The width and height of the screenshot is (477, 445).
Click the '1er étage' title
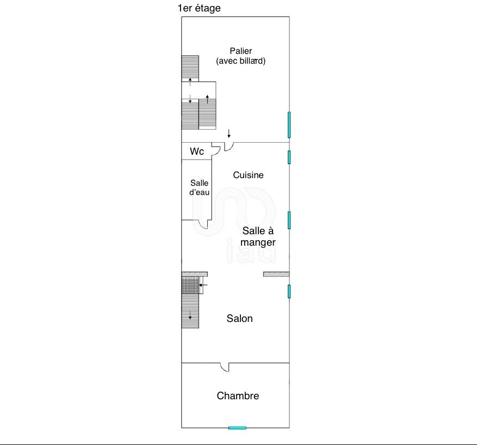tap(199, 8)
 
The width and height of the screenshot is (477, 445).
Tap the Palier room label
tap(240, 51)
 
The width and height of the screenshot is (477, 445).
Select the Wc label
tap(197, 151)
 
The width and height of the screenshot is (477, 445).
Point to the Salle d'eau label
tap(199, 187)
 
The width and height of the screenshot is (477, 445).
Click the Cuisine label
tap(248, 175)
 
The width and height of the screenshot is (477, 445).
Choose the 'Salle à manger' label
tap(258, 236)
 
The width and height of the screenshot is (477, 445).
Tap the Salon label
tap(239, 318)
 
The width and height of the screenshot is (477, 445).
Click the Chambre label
tap(238, 396)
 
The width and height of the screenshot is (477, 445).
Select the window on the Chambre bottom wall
tap(237, 428)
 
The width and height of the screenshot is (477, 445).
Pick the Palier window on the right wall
tap(289, 125)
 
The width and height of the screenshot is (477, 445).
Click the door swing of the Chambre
tap(224, 368)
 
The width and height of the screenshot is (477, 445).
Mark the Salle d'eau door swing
tap(203, 224)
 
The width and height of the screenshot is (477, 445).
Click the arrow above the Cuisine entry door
tap(229, 133)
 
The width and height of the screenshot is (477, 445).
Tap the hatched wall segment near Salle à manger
tap(276, 274)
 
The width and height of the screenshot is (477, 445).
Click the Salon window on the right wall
tap(289, 291)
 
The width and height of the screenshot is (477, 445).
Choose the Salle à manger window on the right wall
tap(289, 220)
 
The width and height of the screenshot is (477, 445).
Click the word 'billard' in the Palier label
tap(253, 61)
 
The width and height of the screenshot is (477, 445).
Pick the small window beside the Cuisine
tap(289, 157)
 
